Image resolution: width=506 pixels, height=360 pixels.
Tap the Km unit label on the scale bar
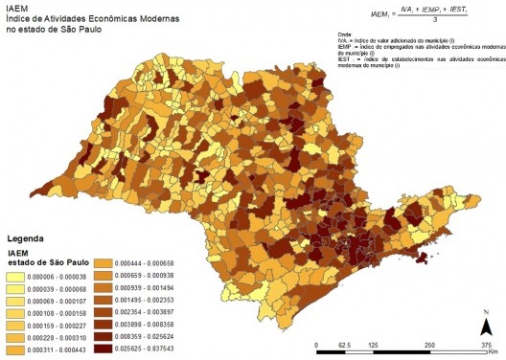[x=493, y=351]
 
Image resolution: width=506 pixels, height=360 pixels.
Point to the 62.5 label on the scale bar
[x=344, y=344]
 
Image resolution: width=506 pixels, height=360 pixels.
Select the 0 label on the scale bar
[x=317, y=344]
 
